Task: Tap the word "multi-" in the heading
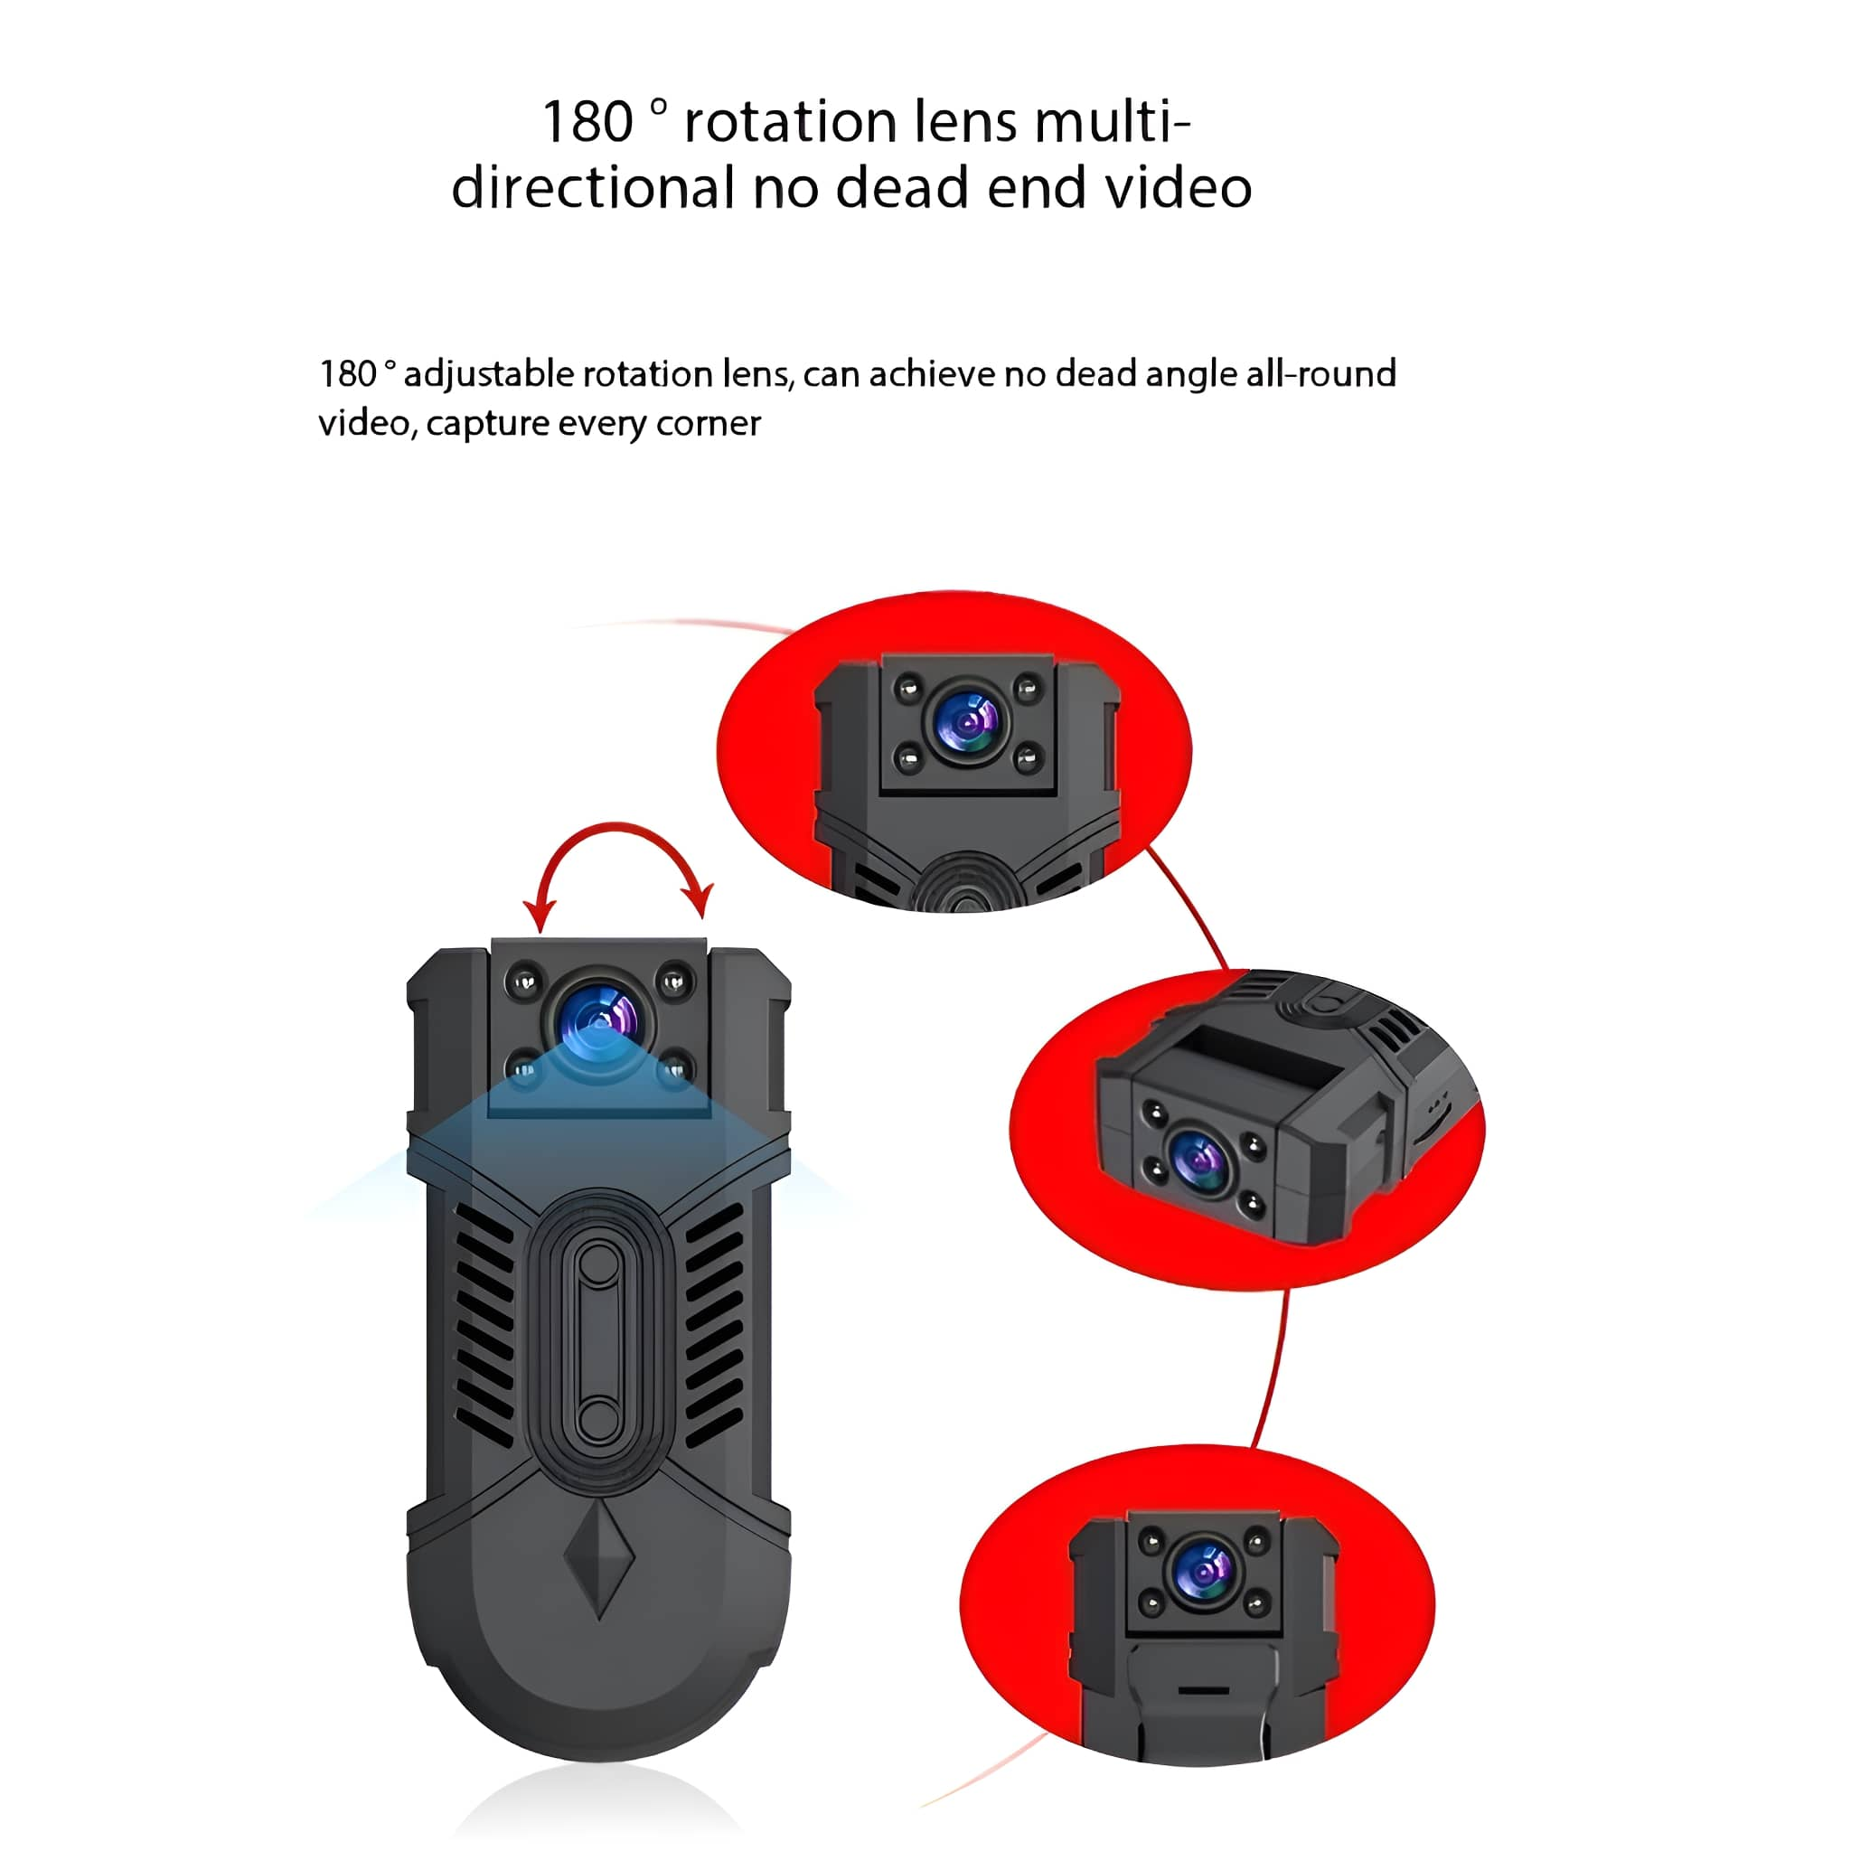pos(1113,122)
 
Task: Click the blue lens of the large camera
pos(601,1019)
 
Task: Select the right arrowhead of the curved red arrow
pos(699,900)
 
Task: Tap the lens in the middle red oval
pos(1198,1161)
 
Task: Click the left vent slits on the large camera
pos(484,1323)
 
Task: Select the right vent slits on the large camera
pos(715,1323)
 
